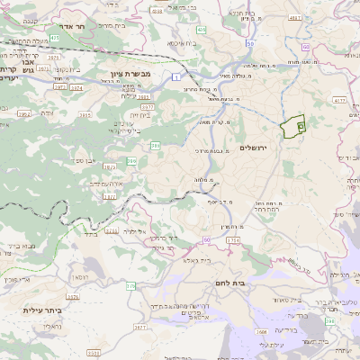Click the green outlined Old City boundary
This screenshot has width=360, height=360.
(292, 128)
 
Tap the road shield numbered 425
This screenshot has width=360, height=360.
(55, 38)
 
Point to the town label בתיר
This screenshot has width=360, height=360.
(90, 235)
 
